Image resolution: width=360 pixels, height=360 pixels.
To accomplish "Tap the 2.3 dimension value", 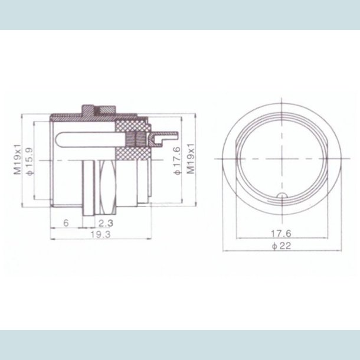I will [x=106, y=223].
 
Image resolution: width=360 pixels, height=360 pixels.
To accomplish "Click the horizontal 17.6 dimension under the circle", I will [x=282, y=233].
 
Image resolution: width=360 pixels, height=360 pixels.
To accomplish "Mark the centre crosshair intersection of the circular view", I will [x=282, y=160].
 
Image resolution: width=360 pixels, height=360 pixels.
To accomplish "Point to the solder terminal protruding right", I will [x=162, y=138].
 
